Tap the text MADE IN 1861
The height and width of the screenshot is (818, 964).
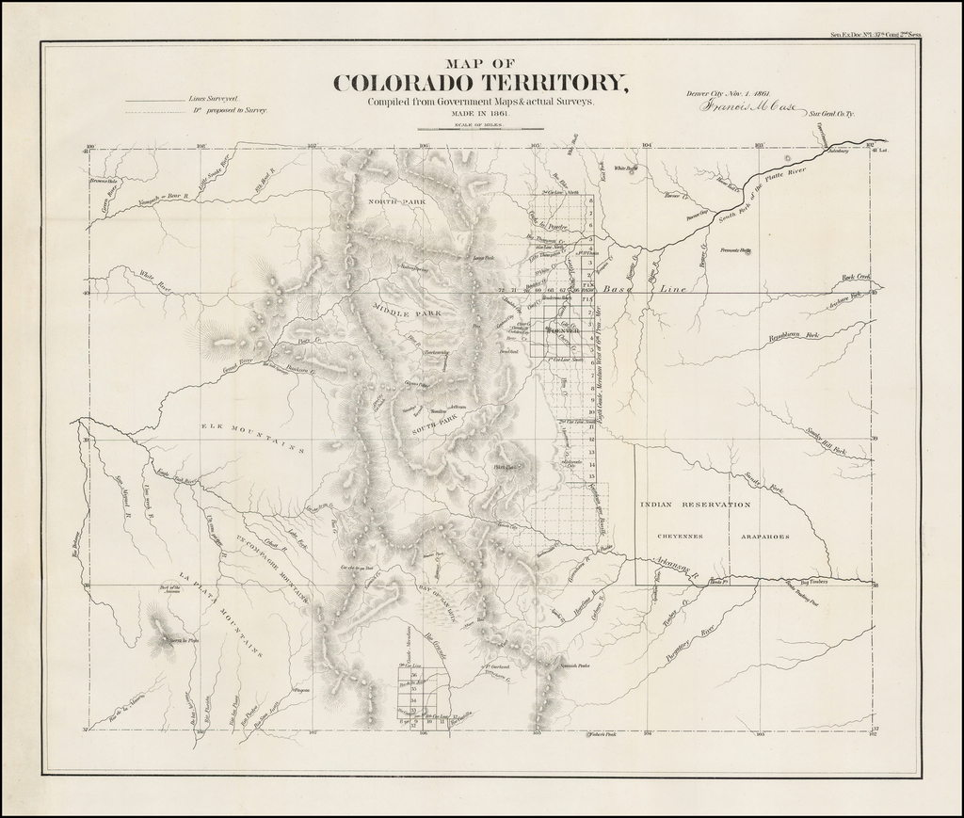[x=481, y=113]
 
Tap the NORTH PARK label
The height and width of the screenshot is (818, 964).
[x=397, y=202]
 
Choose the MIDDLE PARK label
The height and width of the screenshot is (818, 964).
[x=406, y=312]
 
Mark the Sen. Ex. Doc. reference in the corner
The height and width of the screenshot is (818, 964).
[x=876, y=35]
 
